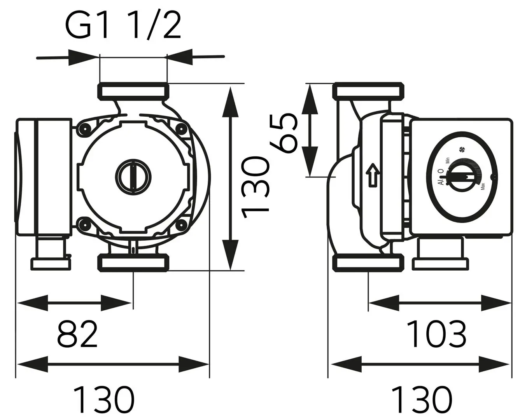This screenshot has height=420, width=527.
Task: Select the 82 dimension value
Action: (77, 334)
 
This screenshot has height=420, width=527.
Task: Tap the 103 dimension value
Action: (438, 334)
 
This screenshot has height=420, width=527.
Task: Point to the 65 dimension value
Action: (284, 132)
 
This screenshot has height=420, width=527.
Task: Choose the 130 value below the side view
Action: (421, 399)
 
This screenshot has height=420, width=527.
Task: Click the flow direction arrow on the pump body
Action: (372, 174)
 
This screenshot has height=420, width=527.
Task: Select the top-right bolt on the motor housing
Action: (181, 128)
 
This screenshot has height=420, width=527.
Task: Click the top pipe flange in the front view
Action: (133, 91)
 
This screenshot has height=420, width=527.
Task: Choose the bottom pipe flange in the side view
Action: (368, 262)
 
